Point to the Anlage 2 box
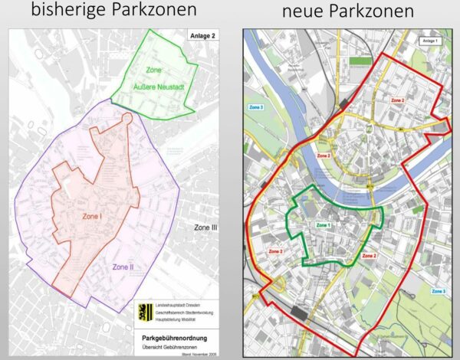click(x=202, y=35)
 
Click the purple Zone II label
click(x=124, y=267)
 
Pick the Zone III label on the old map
click(x=205, y=227)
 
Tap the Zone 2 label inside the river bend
click(x=324, y=155)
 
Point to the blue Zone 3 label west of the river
click(x=255, y=108)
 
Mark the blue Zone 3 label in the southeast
click(x=438, y=291)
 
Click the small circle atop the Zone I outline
click(x=127, y=119)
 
